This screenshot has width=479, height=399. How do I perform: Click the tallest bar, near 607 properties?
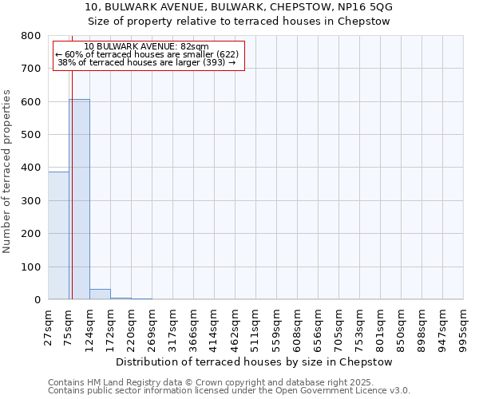(x=79, y=199)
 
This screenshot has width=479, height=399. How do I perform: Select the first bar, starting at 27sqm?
(x=58, y=235)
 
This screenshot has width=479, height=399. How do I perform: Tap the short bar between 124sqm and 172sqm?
(x=100, y=294)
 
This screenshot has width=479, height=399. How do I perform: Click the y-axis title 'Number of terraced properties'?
(x=7, y=172)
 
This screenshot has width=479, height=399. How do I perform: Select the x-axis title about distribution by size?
(x=255, y=361)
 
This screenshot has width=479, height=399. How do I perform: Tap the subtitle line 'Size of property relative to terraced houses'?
(x=239, y=22)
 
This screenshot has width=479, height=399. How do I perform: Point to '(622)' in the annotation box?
(x=223, y=54)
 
